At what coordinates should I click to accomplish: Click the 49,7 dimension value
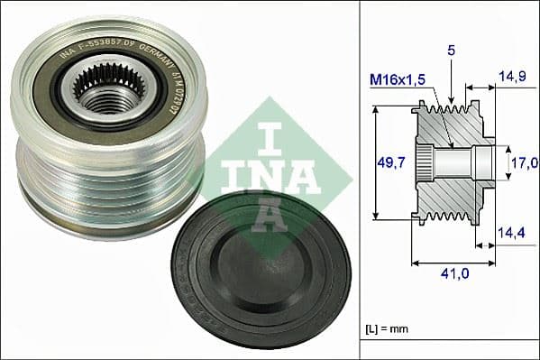pos(390,162)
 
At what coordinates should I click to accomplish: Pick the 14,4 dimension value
pos(514,233)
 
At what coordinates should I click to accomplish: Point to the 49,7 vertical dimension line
pos(373,163)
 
